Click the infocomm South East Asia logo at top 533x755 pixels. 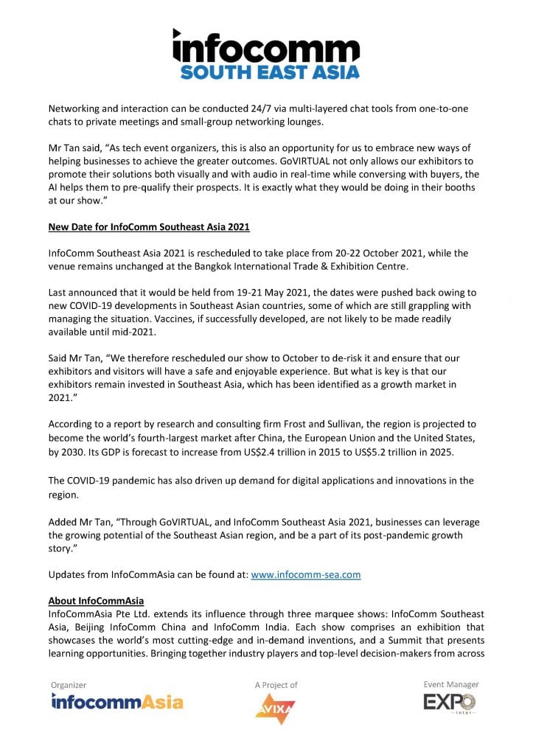(266, 53)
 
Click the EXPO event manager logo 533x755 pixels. (450, 703)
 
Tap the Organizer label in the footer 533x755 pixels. (69, 685)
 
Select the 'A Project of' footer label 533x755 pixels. (276, 685)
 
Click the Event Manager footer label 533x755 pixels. (450, 684)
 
